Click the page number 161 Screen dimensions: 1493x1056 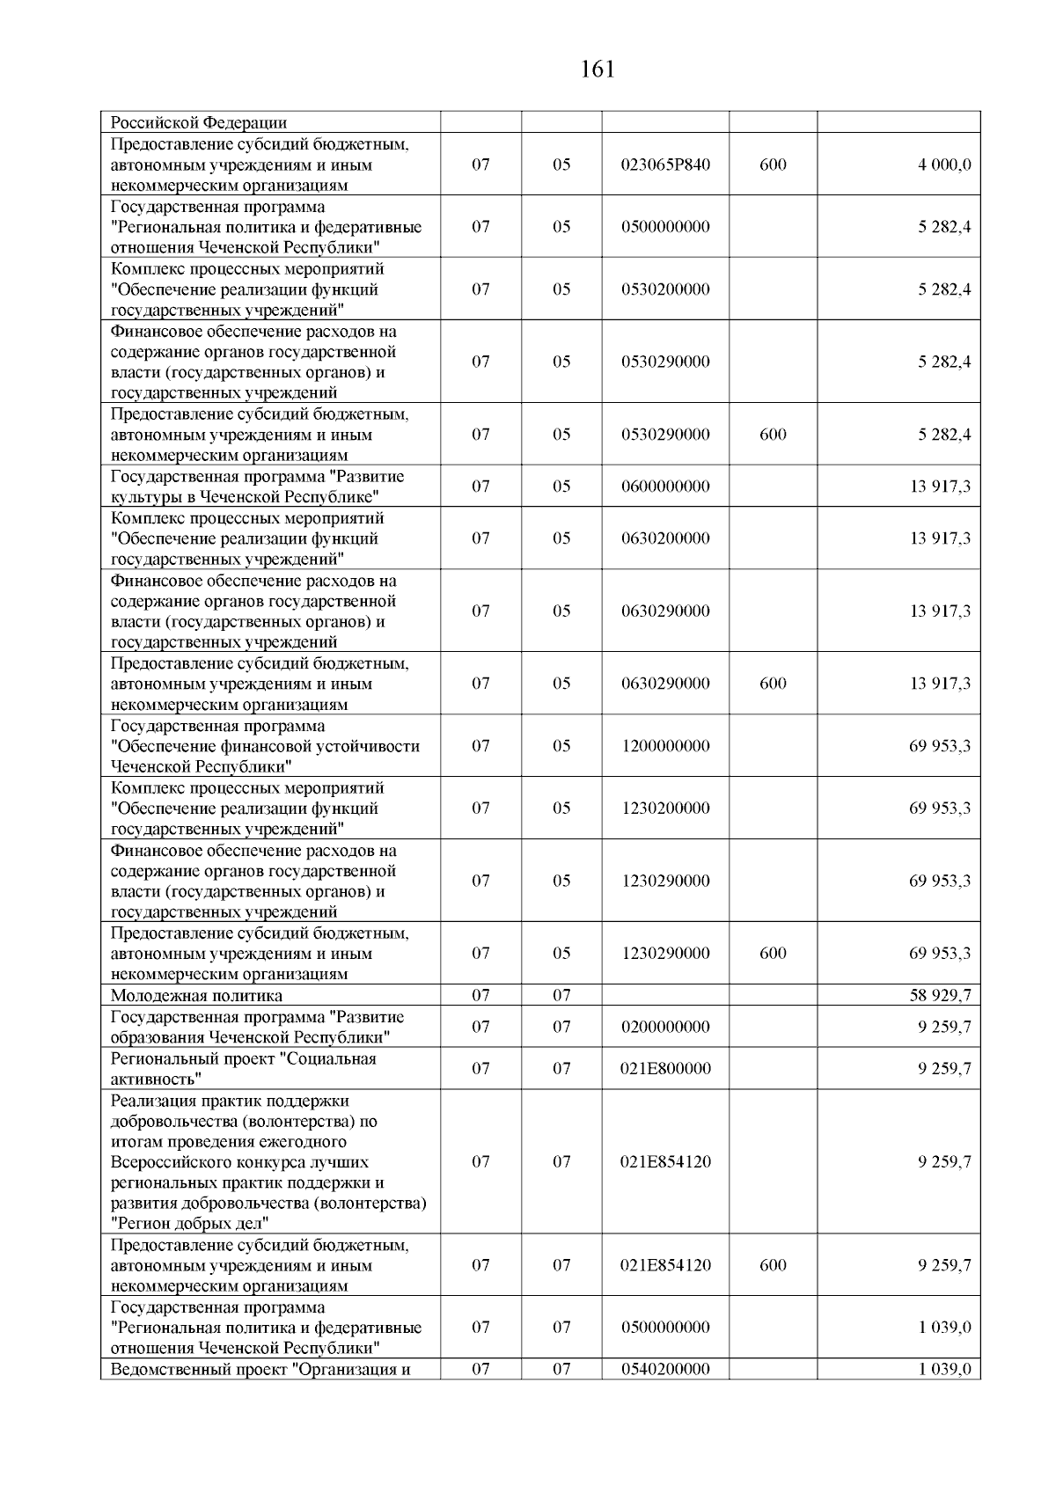(x=598, y=70)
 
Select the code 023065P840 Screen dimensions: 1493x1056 (x=665, y=165)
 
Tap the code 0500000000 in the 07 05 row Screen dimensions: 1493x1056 (x=665, y=227)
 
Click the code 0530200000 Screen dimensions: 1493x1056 (x=665, y=289)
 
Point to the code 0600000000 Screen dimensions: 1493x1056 (x=665, y=487)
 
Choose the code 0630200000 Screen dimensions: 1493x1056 (x=665, y=538)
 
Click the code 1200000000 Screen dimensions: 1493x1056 (x=665, y=746)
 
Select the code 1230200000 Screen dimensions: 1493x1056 (x=665, y=809)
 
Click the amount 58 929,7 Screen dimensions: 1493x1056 (x=940, y=996)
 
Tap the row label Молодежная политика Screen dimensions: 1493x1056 (x=196, y=996)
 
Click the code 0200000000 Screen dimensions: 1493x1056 (x=665, y=1027)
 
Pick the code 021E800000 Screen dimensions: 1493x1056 (x=665, y=1069)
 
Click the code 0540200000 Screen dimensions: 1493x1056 (x=665, y=1369)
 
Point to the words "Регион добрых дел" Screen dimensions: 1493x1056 (x=190, y=1224)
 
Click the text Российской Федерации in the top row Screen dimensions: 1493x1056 (x=198, y=123)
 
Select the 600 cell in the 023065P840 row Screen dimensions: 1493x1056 (x=773, y=165)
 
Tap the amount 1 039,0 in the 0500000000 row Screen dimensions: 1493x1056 (x=945, y=1328)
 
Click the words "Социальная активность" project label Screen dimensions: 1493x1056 (x=243, y=1069)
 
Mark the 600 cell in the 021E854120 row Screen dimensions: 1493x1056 (x=773, y=1265)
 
